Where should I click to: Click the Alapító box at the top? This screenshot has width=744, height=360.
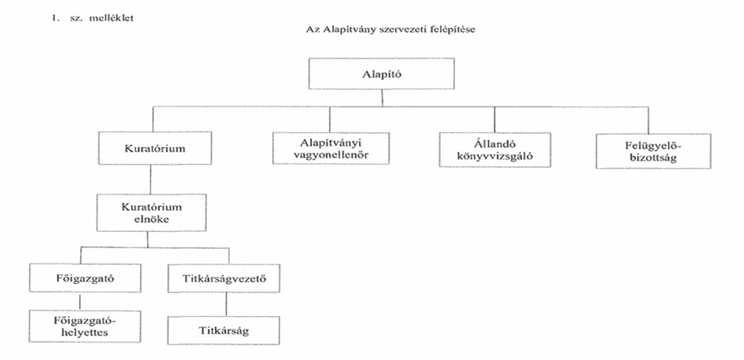coord(381,73)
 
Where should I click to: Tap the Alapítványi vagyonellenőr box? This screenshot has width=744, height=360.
coord(330,149)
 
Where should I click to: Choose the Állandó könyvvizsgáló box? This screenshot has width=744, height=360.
coord(494,150)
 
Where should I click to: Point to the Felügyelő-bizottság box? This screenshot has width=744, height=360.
coord(653,151)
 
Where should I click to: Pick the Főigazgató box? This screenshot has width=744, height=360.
coord(84,278)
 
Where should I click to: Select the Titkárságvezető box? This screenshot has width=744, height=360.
coord(224,278)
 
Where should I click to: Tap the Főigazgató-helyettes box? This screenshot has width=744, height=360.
coord(84,326)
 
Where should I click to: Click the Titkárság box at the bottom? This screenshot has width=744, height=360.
coord(224,330)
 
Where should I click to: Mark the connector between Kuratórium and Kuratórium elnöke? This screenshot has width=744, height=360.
coord(150,179)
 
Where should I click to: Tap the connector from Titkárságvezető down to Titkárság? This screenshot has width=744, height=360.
coord(225,304)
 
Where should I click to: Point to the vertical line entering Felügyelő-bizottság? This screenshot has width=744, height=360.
coord(648,120)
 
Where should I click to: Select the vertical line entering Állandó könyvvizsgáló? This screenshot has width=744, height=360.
coord(494,119)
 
